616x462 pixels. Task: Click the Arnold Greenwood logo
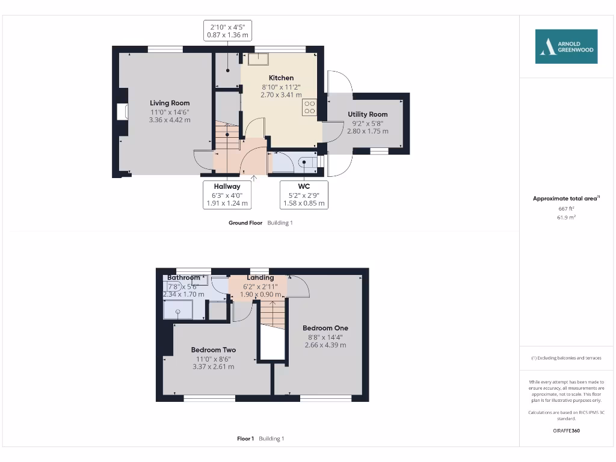[566, 46]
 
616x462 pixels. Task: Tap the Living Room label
[170, 103]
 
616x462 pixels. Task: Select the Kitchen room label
[281, 78]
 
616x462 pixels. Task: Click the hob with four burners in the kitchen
[310, 107]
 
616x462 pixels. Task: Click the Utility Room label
[368, 114]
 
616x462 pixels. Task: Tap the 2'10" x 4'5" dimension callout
[227, 31]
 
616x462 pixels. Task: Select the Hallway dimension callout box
[227, 195]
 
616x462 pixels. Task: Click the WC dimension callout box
[304, 195]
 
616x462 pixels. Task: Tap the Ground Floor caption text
[245, 223]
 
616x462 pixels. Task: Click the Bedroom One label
[325, 328]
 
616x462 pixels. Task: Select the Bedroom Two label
[213, 350]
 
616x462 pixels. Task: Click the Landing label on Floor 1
[260, 277]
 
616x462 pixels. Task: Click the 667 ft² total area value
[566, 208]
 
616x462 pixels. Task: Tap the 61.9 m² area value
[566, 217]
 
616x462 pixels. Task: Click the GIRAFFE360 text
[566, 431]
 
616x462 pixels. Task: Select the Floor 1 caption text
[245, 439]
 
